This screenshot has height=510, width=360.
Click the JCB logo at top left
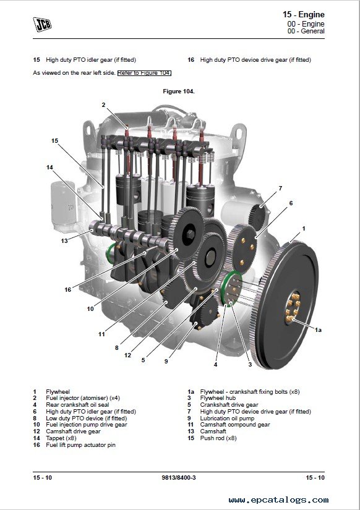tap(42, 24)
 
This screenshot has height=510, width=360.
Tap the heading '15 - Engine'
tap(303, 14)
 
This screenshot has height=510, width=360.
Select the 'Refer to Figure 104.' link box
tap(144, 73)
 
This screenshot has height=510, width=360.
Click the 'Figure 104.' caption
tap(179, 91)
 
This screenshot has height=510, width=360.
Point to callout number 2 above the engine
tap(103, 104)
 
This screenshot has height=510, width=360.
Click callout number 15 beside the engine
tap(54, 141)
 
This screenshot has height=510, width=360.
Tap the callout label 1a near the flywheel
tap(318, 330)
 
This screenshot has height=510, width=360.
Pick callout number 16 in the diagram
tap(67, 289)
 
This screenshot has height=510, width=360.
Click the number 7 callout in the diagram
tap(280, 189)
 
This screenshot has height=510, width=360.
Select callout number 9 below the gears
tap(166, 362)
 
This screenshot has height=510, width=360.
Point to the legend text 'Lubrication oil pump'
tap(227, 419)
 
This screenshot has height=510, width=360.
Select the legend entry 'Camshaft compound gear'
tap(235, 425)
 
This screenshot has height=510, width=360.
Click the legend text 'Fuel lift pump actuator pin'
tap(81, 445)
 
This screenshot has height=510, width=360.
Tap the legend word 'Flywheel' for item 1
tap(58, 391)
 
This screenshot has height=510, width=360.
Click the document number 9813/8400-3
tap(179, 477)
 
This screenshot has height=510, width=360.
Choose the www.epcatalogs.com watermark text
tap(278, 499)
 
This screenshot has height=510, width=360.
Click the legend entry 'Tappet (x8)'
tap(61, 438)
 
